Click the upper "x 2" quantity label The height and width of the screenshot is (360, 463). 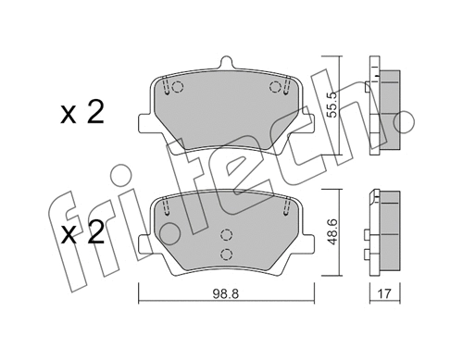[x=81, y=114]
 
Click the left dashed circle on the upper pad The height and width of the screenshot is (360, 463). [x=179, y=89]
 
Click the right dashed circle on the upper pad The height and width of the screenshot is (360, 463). [x=274, y=88]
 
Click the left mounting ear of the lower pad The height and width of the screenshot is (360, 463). [x=144, y=244]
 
